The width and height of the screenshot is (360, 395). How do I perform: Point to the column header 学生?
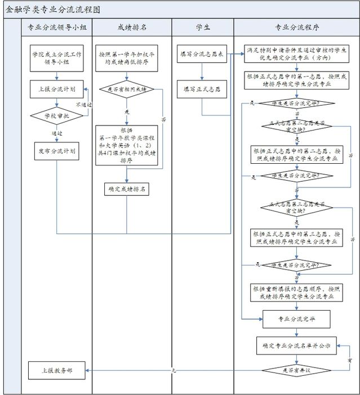[x=202, y=27]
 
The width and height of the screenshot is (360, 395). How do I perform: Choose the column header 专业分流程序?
[x=295, y=27]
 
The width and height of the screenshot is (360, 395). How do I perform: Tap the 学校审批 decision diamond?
[x=56, y=115]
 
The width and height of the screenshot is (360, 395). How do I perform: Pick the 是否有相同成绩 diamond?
[x=127, y=89]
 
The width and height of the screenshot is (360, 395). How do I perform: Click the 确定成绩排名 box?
[x=127, y=189]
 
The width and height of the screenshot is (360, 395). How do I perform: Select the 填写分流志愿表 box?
[x=202, y=54]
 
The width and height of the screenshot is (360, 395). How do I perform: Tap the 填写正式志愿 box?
[x=202, y=89]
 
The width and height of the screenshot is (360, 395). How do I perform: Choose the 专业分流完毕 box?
[x=296, y=318]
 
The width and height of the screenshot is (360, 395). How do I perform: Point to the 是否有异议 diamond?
[x=296, y=370]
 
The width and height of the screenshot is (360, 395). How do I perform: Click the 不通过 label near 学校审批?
[x=83, y=105]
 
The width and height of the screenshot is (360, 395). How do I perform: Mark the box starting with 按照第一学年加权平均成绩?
[x=127, y=58]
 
